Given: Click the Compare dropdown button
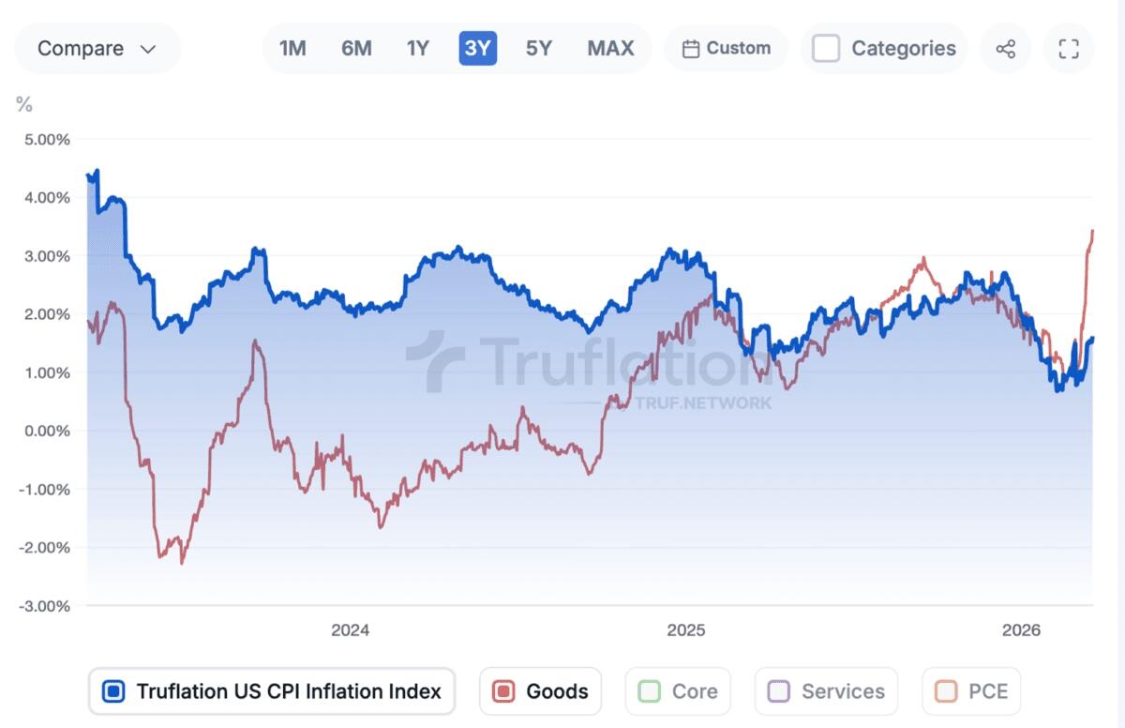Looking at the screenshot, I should click(97, 49).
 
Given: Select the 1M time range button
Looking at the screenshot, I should click(292, 48).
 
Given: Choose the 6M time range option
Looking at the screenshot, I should click(356, 48).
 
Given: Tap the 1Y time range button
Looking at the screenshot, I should click(417, 48).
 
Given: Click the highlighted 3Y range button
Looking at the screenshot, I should click(477, 48).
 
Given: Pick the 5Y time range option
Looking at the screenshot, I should click(538, 48).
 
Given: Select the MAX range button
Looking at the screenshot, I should click(610, 48).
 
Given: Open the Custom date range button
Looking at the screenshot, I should click(727, 48).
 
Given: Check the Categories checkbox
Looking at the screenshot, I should click(826, 48).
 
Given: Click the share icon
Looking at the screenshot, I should click(1006, 49).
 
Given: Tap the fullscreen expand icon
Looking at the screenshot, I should click(1068, 49).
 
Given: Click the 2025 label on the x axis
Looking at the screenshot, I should click(685, 630).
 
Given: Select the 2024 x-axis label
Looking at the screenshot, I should click(350, 630).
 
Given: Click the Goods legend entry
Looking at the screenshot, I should click(540, 691).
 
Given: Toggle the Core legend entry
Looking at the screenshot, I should click(678, 691).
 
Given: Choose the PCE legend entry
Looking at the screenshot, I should click(971, 691).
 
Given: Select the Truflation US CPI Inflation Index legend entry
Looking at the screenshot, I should click(272, 691).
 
